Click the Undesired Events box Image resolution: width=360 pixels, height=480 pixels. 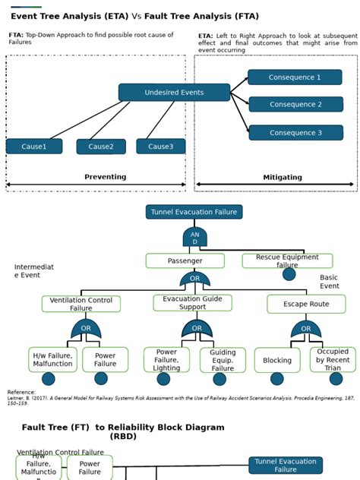[x=174, y=93]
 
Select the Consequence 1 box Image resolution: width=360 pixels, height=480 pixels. [x=295, y=77]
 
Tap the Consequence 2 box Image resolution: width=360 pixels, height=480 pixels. [x=295, y=105]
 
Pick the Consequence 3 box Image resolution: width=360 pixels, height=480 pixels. [x=295, y=133]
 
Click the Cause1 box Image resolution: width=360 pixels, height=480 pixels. [x=34, y=147]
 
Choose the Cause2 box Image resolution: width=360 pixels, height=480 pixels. [x=101, y=147]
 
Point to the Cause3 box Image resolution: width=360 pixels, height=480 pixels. [x=160, y=147]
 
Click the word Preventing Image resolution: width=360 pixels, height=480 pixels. [x=105, y=177]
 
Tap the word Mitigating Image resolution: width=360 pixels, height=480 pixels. [x=282, y=177]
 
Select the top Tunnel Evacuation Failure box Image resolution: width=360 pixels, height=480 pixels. [x=194, y=212]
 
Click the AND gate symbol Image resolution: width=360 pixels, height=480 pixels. [x=194, y=238]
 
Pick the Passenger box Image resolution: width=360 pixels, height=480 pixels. [x=185, y=261]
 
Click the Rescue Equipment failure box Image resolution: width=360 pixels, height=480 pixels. [x=287, y=261]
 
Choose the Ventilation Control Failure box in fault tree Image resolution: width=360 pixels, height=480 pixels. [x=81, y=304]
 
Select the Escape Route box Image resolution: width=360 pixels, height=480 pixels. [x=306, y=304]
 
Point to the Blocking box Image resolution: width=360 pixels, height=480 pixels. [x=276, y=360]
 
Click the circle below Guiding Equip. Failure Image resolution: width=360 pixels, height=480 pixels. [x=223, y=378]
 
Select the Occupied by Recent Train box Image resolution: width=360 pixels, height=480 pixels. [x=333, y=360]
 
